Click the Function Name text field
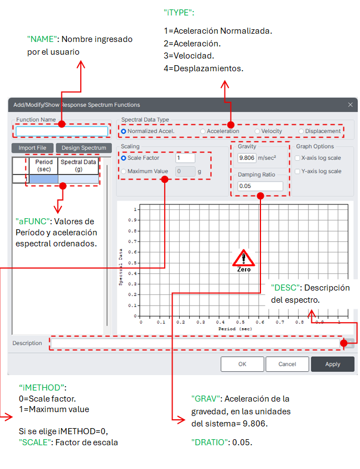62,131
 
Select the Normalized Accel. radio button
123,131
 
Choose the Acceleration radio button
202,131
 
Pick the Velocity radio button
258,131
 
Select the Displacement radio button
301,131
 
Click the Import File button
32,148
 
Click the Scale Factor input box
185,158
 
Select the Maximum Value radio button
123,171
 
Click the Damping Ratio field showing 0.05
260,186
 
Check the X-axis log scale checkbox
298,158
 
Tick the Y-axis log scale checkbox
298,171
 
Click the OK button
242,365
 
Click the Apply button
332,365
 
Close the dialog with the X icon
350,104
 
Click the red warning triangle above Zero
243,258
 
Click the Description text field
196,343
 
